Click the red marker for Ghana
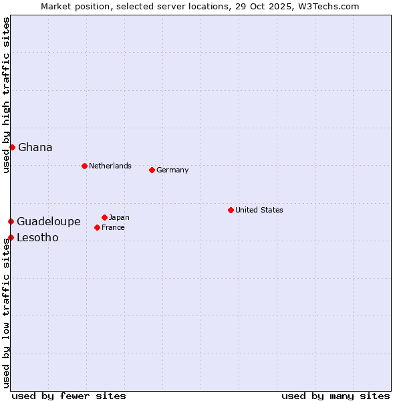(x=12, y=147)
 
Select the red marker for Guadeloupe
(x=11, y=221)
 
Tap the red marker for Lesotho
(x=11, y=237)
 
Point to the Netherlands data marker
(x=84, y=166)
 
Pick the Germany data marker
(x=152, y=170)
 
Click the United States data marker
(x=231, y=210)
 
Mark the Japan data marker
(x=104, y=217)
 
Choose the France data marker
(x=97, y=227)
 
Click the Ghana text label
(x=35, y=147)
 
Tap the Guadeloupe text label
(x=49, y=221)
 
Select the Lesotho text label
(x=37, y=237)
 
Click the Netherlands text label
(x=110, y=166)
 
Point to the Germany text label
(x=172, y=170)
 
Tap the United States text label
(x=259, y=210)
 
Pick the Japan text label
(x=119, y=217)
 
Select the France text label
(x=113, y=227)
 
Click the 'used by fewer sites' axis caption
(x=69, y=396)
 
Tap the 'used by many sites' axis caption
(x=336, y=396)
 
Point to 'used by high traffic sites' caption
(x=6, y=95)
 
